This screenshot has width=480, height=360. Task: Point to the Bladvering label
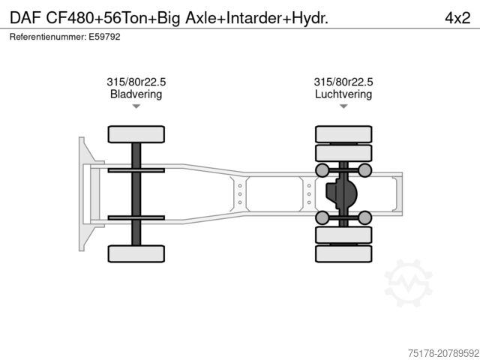[x=136, y=94]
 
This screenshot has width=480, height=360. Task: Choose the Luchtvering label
[x=343, y=94]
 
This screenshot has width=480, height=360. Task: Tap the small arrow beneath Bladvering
[x=136, y=107]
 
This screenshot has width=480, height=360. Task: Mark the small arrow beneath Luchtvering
[x=343, y=107]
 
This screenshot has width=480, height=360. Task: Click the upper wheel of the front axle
[x=136, y=134]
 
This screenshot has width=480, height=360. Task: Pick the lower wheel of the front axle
[x=136, y=253]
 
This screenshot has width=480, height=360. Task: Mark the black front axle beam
[x=136, y=193]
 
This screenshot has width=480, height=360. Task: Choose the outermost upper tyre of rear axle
[x=343, y=134]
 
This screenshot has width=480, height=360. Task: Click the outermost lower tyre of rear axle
[x=343, y=254]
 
